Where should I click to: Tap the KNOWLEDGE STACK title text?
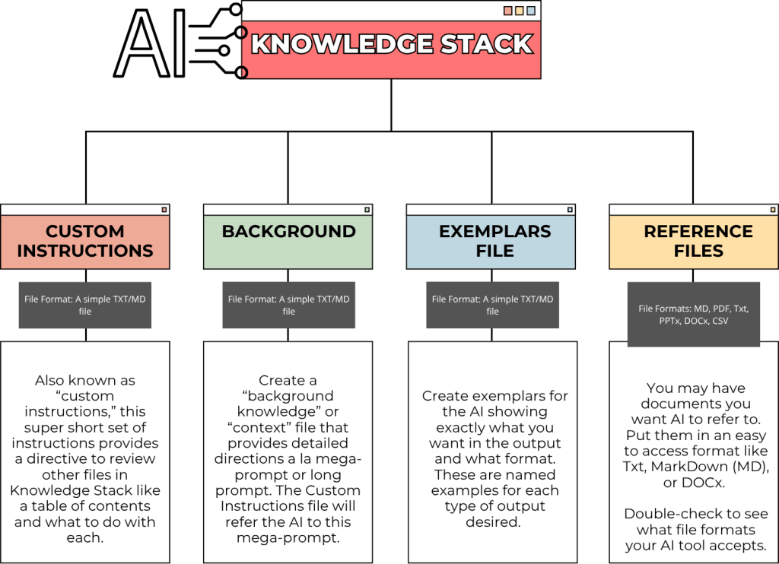(391, 44)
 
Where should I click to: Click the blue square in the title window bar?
(530, 11)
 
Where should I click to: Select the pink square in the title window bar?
(507, 11)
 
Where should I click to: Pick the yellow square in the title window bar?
(519, 11)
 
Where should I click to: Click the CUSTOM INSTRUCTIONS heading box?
(85, 241)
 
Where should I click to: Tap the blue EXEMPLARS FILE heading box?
(491, 241)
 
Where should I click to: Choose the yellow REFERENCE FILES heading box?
(694, 241)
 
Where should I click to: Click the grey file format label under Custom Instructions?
(85, 306)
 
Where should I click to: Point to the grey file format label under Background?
(288, 306)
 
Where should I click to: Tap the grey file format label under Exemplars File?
(492, 306)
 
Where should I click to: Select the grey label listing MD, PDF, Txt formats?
(694, 315)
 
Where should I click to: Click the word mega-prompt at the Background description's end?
(288, 538)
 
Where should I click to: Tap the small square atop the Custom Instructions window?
(163, 210)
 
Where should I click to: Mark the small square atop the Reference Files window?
(771, 210)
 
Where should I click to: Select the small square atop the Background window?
(367, 210)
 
